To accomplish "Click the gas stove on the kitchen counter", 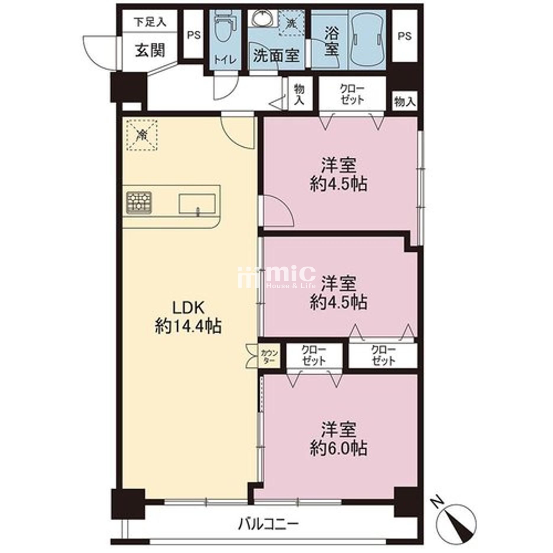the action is (x=139, y=203).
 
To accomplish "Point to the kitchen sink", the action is (x=197, y=204).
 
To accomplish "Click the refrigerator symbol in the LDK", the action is (x=142, y=135).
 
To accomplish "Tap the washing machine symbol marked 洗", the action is (x=292, y=23).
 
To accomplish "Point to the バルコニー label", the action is (x=268, y=524).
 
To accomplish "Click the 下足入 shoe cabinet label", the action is (x=150, y=22).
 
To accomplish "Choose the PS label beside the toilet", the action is (x=194, y=35).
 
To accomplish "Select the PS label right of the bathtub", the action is (x=404, y=36).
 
